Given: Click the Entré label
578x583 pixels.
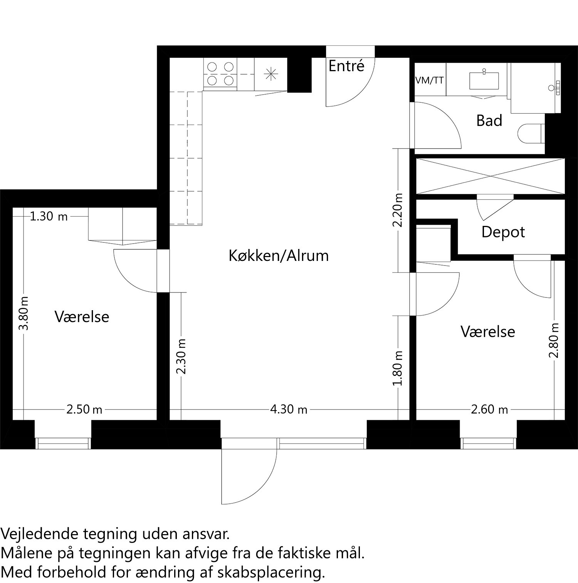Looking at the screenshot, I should click(x=346, y=66).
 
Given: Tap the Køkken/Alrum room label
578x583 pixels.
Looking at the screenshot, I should click(x=279, y=256).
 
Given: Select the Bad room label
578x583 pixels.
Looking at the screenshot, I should click(x=489, y=121).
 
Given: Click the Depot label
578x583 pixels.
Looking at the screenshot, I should click(x=503, y=232).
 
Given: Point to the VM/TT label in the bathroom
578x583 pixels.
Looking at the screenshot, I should click(x=429, y=80).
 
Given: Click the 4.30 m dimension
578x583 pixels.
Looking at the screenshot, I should click(x=289, y=410).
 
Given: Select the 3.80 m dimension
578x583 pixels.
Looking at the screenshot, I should click(x=24, y=313).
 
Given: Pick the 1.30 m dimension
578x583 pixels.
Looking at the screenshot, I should click(x=49, y=217).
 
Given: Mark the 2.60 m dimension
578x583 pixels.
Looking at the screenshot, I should click(x=489, y=409).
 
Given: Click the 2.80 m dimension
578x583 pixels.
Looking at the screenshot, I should click(x=554, y=340).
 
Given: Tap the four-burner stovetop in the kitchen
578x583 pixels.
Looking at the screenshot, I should click(x=220, y=74).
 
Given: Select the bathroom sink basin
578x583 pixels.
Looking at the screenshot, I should click(x=484, y=80).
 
